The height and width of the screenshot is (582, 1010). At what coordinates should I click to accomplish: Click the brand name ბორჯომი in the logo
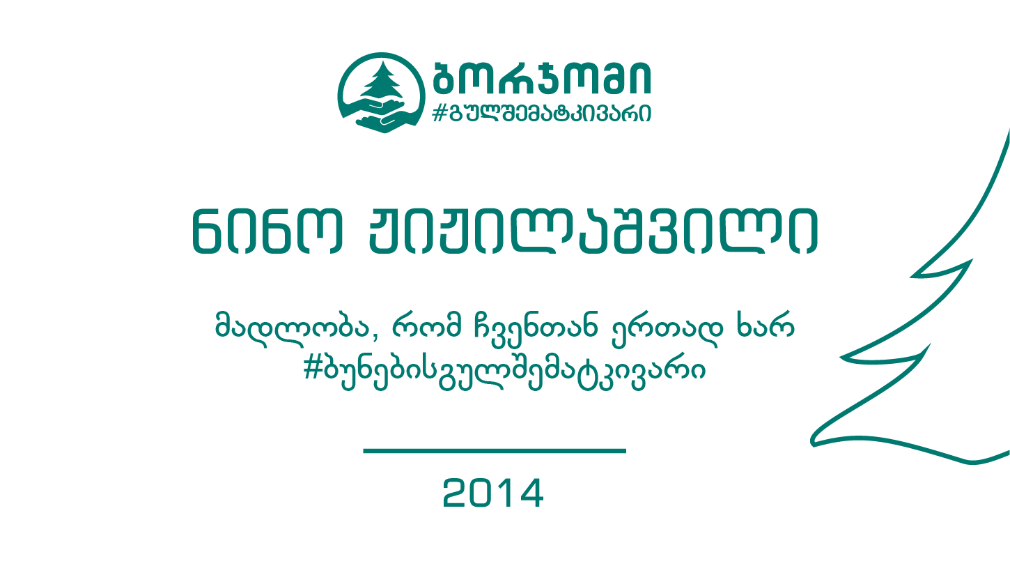point(542,77)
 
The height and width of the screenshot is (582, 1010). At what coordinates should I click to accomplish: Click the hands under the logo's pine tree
point(381,116)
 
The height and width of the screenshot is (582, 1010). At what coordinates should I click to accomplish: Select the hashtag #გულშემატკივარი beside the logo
point(541,112)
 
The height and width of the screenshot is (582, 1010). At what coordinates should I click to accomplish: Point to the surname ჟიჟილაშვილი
point(593,231)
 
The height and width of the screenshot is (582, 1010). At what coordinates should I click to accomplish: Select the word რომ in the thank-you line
point(427,325)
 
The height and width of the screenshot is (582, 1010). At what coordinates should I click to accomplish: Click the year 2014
point(493,493)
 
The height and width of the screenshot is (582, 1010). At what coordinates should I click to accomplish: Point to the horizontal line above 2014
point(495,451)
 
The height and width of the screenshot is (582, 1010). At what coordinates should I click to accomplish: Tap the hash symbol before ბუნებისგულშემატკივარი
point(312,368)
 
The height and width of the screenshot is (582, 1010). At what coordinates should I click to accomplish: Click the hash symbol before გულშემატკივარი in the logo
point(439,113)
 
